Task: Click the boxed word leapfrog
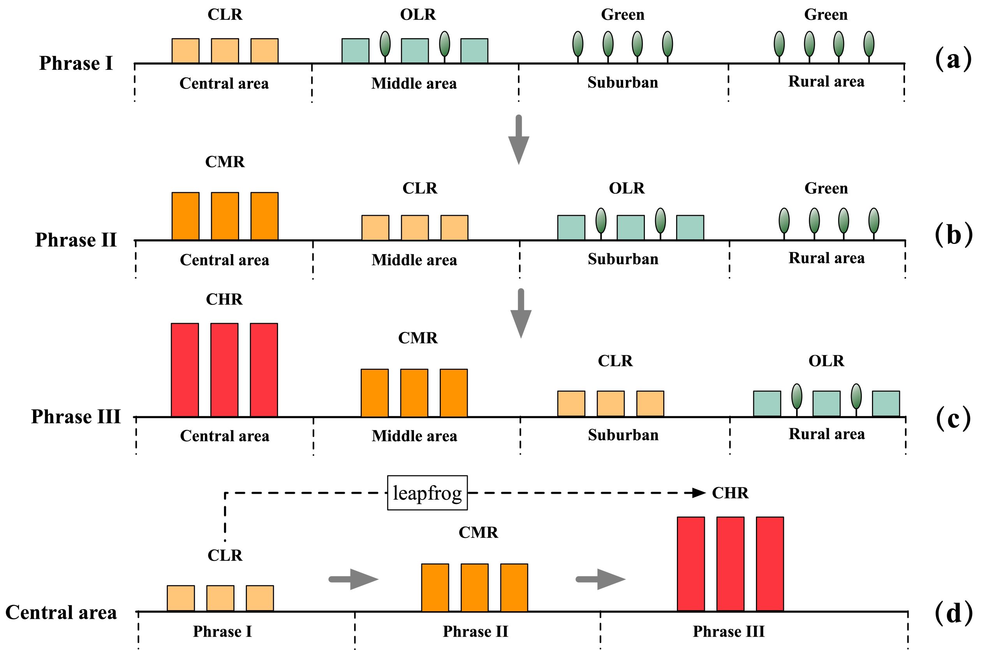pyautogui.click(x=427, y=493)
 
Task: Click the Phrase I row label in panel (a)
pyautogui.click(x=76, y=63)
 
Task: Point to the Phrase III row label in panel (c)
pyautogui.click(x=76, y=417)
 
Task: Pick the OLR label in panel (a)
pyautogui.click(x=417, y=15)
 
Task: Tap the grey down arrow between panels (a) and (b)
pyautogui.click(x=519, y=140)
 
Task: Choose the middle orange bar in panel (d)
pyautogui.click(x=474, y=587)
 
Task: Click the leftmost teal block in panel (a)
pyautogui.click(x=355, y=51)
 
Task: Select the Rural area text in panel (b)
pyautogui.click(x=826, y=258)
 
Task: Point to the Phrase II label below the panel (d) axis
pyautogui.click(x=475, y=632)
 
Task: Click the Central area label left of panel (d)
pyautogui.click(x=61, y=613)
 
